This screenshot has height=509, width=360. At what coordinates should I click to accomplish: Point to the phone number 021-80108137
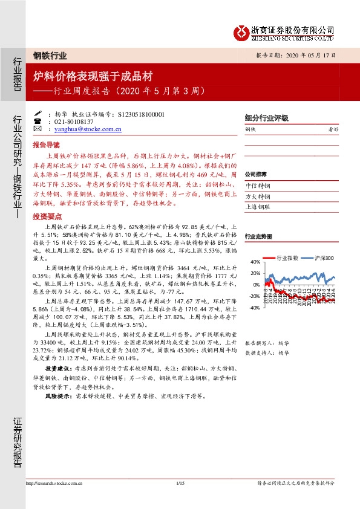click(x=76, y=122)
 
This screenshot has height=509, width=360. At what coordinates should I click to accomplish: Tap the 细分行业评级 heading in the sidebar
click(x=266, y=118)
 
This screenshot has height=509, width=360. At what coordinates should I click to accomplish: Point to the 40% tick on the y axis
click(x=255, y=262)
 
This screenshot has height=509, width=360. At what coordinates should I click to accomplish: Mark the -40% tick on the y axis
click(x=254, y=308)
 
